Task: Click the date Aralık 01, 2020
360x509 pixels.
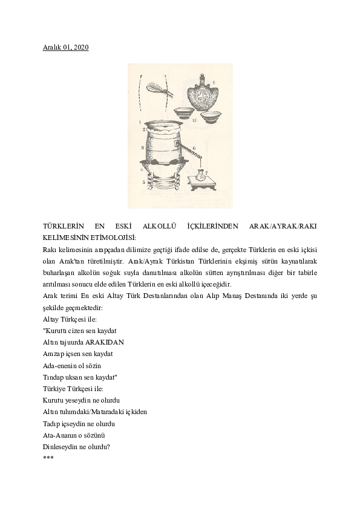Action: (66, 47)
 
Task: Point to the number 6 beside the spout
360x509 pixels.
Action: (194, 148)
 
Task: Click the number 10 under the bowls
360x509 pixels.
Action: (195, 121)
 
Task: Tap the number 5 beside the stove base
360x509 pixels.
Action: (143, 181)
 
